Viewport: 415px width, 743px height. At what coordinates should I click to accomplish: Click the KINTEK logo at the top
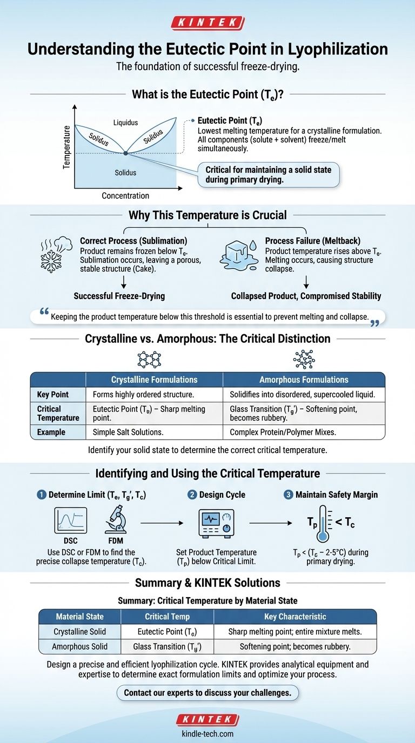(207, 23)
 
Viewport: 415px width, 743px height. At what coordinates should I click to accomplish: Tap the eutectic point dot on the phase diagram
(125, 153)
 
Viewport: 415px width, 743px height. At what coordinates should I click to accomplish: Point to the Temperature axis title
(67, 147)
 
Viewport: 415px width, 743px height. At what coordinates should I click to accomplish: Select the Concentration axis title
(125, 195)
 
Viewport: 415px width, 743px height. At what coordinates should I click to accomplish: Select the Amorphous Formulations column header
(304, 380)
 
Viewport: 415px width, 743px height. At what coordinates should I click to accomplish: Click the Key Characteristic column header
(295, 616)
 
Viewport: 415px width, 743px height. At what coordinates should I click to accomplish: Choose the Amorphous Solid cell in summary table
(79, 646)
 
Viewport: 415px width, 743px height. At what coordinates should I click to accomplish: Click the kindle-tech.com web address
(207, 733)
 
